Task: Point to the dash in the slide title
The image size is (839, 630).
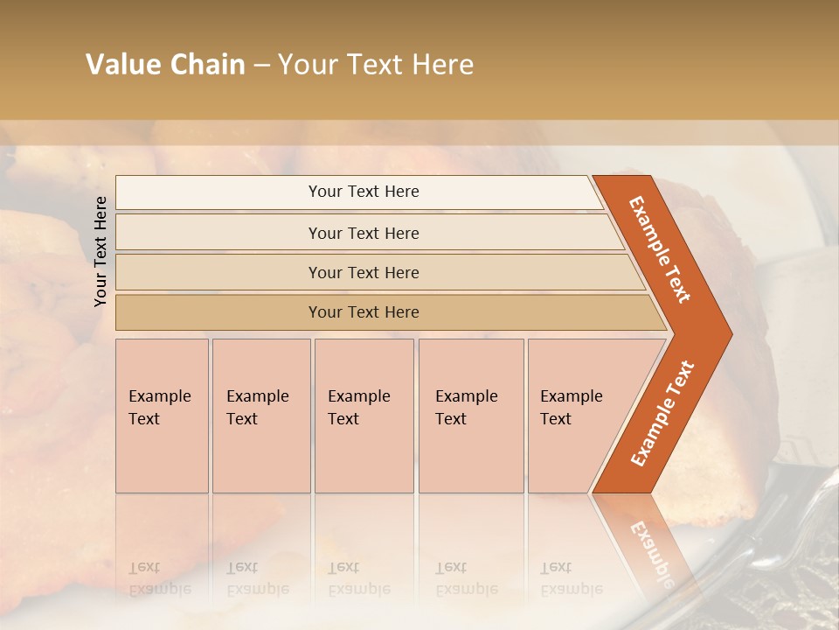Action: (261, 66)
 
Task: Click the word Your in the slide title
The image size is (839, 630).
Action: (305, 65)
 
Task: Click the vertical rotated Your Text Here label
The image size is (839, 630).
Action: (101, 251)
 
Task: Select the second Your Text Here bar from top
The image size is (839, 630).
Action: (363, 233)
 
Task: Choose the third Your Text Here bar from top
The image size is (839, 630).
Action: (363, 272)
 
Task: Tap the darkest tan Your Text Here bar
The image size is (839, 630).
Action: (363, 312)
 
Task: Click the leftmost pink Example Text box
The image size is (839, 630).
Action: (162, 416)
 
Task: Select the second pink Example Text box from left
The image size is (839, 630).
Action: (260, 416)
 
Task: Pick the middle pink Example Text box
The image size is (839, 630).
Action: (364, 416)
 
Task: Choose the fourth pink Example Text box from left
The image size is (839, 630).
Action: (470, 416)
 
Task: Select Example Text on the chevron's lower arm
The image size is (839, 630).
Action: (662, 413)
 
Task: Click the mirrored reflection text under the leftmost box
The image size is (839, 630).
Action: (159, 579)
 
